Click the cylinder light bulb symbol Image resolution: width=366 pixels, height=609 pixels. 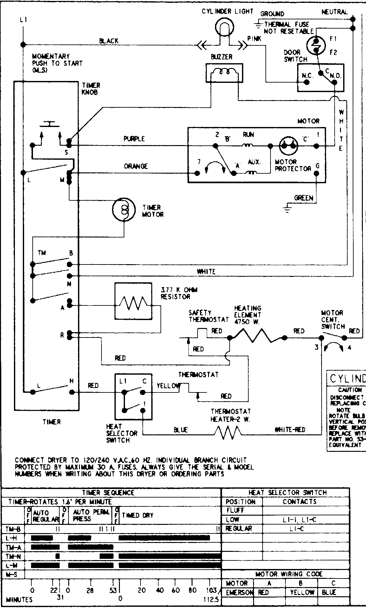point(224,25)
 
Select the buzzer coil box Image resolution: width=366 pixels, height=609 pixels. point(224,73)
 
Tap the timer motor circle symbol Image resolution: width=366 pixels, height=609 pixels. point(124,210)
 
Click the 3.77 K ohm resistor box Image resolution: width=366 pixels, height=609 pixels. point(133,301)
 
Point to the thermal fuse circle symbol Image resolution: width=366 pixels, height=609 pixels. point(316,45)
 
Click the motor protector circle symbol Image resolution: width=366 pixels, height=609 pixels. point(289,146)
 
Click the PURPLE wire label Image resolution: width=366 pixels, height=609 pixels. point(134,139)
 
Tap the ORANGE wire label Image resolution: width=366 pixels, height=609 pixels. point(136,166)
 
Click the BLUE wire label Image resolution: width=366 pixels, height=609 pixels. point(180,430)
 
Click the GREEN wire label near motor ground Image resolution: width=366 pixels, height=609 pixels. point(304,198)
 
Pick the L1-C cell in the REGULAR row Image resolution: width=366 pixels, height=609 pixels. point(297,529)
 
